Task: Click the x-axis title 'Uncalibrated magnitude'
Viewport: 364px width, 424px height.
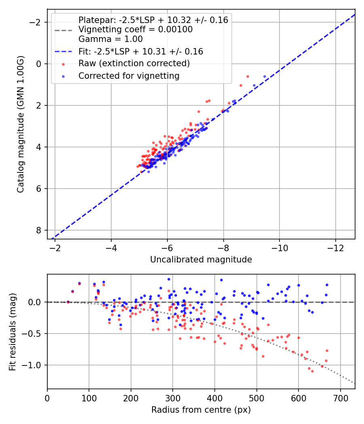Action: [x=201, y=260]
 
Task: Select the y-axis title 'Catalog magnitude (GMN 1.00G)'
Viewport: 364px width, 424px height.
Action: [x=21, y=124]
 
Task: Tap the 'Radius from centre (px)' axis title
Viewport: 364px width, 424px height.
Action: [x=201, y=410]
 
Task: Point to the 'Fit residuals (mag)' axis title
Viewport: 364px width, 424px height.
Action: [x=13, y=332]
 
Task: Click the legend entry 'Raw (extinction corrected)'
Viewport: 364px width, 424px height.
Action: [x=134, y=63]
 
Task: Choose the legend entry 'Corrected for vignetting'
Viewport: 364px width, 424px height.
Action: [x=129, y=76]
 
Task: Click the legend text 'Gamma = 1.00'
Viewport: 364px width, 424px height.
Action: [x=110, y=39]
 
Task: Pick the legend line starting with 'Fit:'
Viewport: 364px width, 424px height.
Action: [x=141, y=51]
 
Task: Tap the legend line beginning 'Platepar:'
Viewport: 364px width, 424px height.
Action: [x=153, y=20]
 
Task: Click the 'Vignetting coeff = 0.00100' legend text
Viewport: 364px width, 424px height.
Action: [x=135, y=29]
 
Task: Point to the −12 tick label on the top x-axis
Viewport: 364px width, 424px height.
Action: [x=335, y=248]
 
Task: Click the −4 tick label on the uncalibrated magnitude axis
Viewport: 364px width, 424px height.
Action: [x=111, y=248]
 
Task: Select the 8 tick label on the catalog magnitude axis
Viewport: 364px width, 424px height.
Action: [x=39, y=230]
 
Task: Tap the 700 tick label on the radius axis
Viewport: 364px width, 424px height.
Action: [x=340, y=398]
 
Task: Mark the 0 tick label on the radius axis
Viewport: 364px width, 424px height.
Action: [x=47, y=398]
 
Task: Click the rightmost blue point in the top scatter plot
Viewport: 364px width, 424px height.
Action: [x=265, y=76]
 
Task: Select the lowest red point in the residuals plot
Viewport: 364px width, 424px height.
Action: [x=312, y=371]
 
